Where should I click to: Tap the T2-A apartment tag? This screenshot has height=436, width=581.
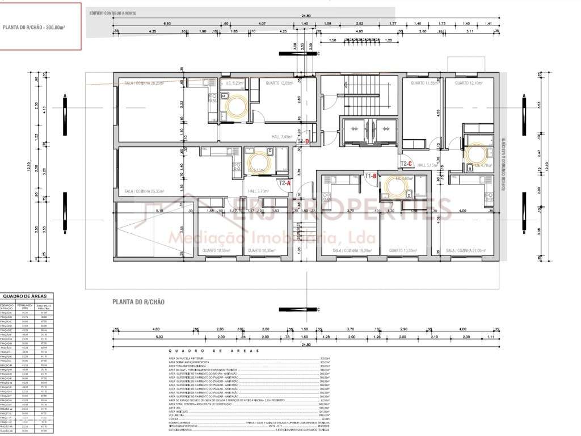(x=284, y=183)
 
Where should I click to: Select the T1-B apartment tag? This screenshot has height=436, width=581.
(x=371, y=176)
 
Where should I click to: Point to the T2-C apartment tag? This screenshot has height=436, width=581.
(x=406, y=164)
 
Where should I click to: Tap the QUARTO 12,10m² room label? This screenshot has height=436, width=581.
(x=468, y=83)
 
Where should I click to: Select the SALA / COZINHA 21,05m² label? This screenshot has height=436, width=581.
(x=466, y=250)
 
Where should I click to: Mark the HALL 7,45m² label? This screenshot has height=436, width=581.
(x=282, y=136)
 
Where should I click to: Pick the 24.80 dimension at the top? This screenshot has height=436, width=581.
(x=306, y=16)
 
